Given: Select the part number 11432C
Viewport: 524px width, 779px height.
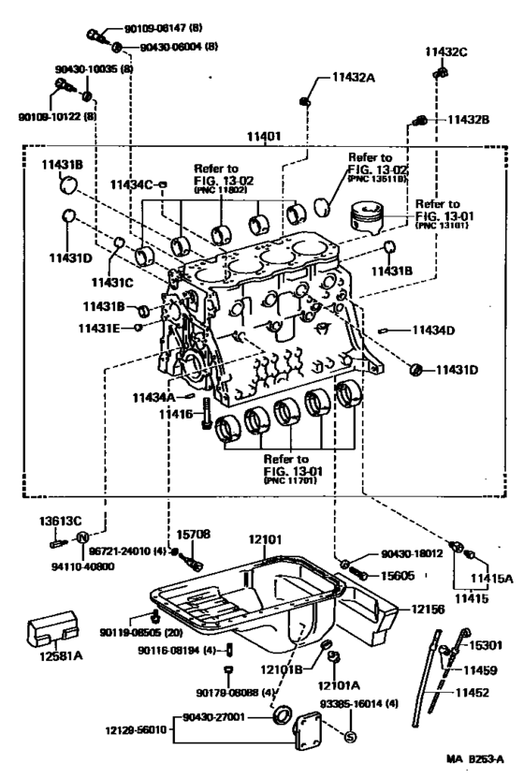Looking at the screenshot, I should [446, 52].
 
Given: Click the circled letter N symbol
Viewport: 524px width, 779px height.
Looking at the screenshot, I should [81, 537].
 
